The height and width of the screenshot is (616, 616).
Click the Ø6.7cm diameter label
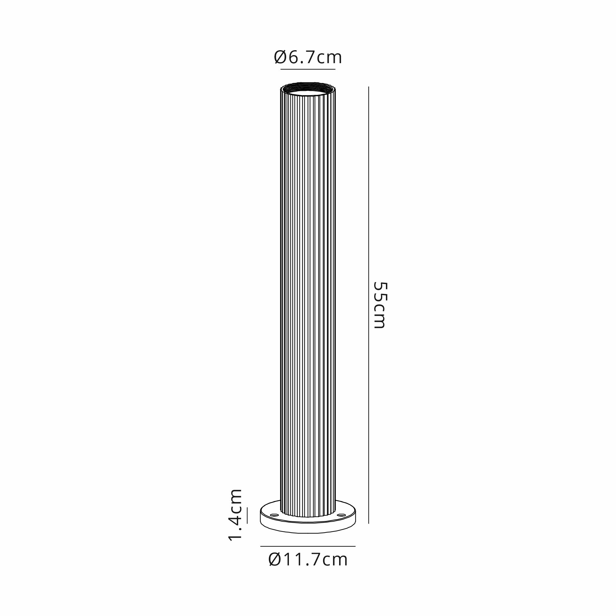(x=308, y=58)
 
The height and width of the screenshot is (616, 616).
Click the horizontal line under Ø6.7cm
(x=308, y=69)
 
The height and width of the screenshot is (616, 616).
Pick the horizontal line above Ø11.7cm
(x=308, y=546)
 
